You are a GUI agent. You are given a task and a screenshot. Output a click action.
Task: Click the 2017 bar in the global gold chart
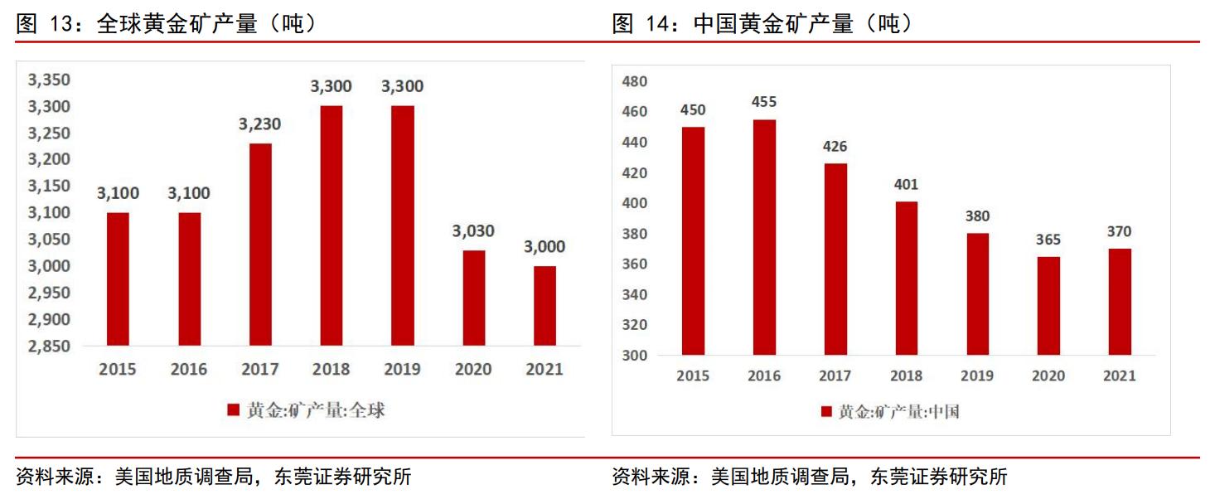point(260,245)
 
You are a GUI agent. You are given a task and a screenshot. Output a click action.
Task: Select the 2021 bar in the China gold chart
point(1119,302)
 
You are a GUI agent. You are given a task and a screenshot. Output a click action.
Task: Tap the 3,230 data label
point(260,124)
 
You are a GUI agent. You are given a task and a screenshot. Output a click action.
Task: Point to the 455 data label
point(763,102)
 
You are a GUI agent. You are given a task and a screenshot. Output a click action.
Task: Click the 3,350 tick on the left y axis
point(50,80)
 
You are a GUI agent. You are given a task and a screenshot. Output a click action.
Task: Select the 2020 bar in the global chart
point(473,298)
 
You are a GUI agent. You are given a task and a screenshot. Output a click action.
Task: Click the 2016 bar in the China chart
point(763,237)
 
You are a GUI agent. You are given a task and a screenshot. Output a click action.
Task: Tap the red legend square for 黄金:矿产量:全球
point(233,410)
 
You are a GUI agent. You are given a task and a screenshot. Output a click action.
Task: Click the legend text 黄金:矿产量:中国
point(898,412)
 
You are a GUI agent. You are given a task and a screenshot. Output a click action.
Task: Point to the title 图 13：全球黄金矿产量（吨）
point(167,24)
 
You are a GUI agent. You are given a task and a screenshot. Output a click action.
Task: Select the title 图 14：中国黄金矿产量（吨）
point(762,24)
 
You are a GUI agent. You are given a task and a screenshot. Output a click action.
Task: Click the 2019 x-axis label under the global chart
point(402,370)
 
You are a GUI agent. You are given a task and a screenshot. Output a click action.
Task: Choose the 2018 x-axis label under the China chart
point(906,376)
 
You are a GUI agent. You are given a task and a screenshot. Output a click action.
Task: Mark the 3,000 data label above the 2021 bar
point(544,247)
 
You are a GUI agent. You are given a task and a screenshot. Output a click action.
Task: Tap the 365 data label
point(1048,240)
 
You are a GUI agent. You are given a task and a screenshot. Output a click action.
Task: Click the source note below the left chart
point(214,477)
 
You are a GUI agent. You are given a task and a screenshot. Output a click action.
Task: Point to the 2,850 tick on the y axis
point(50,346)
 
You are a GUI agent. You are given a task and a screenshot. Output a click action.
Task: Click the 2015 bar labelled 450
point(693,240)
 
